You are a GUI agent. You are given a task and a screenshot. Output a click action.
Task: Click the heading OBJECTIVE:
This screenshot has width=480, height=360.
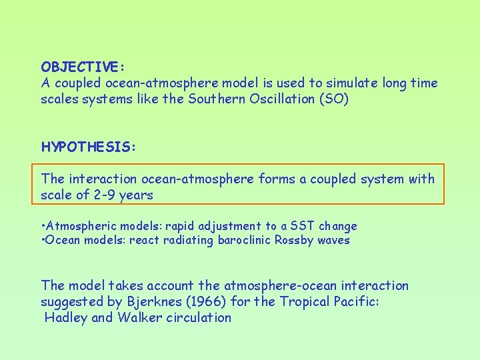pos(83,67)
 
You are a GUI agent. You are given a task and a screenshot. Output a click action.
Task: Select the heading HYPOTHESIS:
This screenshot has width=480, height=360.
pos(88,147)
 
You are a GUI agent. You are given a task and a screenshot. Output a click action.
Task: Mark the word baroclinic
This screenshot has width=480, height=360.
pos(243,240)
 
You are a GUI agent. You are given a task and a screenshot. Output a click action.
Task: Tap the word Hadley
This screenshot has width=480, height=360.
pos(65,318)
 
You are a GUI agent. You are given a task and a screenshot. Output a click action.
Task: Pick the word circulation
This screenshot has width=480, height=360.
pos(198,318)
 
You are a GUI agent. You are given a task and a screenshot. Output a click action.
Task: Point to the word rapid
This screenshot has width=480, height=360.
pos(180,227)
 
